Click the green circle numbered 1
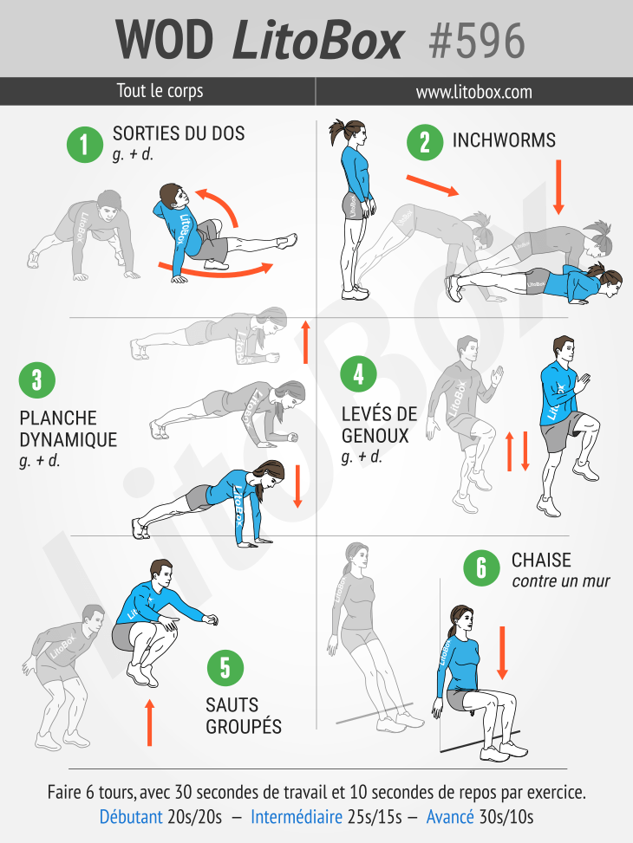coord(84,144)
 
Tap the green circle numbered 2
coord(425,142)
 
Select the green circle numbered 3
coord(37,379)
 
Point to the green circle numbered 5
coord(225,668)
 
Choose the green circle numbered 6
coord(482,567)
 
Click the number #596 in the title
coord(477,41)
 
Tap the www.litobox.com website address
coord(473,92)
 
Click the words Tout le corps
coord(160,91)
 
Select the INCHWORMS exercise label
coord(504,139)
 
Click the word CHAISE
coord(541,561)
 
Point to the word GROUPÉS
coord(244,726)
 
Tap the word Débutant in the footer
coord(131,817)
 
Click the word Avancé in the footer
coord(450,817)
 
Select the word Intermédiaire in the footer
coord(297,817)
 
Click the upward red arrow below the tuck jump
coord(150,722)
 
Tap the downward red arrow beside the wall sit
coord(502,652)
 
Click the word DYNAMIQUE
coord(69,440)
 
